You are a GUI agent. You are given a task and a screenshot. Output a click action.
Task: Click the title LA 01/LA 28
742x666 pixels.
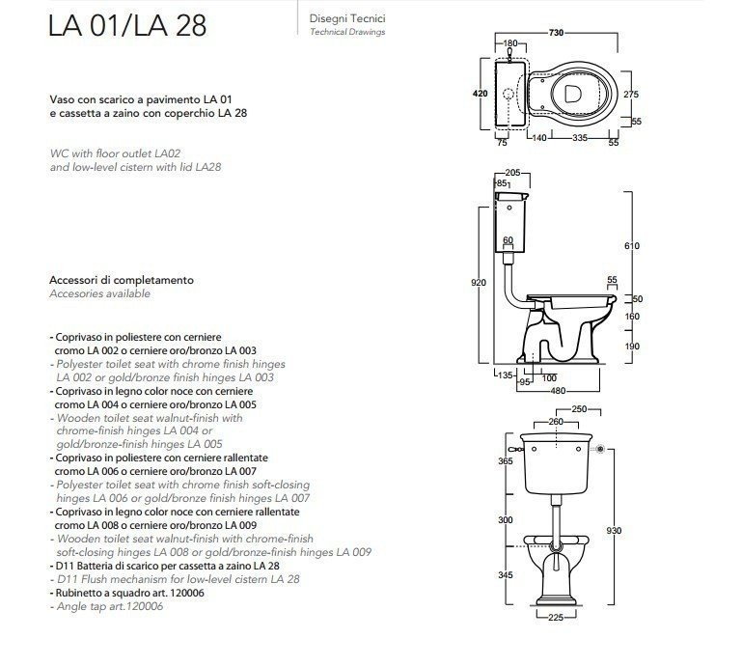[x=127, y=25]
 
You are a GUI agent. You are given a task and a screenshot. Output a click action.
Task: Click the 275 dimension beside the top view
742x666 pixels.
[x=631, y=94]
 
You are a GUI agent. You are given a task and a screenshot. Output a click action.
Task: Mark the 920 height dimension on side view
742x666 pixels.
[x=477, y=282]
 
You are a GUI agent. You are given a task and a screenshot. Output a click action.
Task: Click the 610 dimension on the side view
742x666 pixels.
[x=633, y=247]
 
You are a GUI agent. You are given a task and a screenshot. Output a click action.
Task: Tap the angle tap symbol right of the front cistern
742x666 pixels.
[x=602, y=449]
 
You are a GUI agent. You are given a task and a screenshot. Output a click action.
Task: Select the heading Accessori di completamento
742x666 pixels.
[x=121, y=280]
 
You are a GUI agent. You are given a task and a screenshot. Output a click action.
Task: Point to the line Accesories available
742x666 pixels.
[x=99, y=292]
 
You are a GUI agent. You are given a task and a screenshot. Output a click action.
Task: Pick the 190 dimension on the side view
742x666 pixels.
[x=633, y=347]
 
